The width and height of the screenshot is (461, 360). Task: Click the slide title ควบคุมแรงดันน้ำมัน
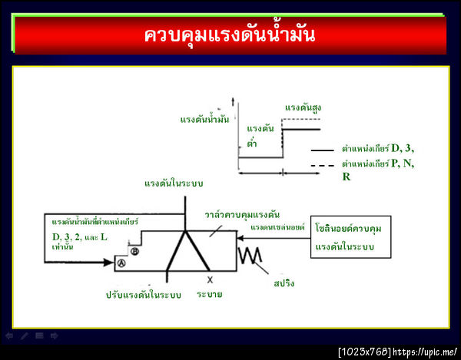coord(230,35)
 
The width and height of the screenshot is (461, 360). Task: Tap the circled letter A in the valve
coord(121,263)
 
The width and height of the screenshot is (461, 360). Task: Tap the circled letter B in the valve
coord(134,251)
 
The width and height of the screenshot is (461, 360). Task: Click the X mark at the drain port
coord(209,279)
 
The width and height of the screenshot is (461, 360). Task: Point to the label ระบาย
coord(210,294)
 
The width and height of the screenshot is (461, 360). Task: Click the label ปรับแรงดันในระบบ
coord(144,294)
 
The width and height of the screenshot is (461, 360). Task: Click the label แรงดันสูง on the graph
coord(303,107)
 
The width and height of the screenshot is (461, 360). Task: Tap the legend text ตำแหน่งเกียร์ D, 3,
coord(378,148)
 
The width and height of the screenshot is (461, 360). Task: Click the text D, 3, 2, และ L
coord(75,237)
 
